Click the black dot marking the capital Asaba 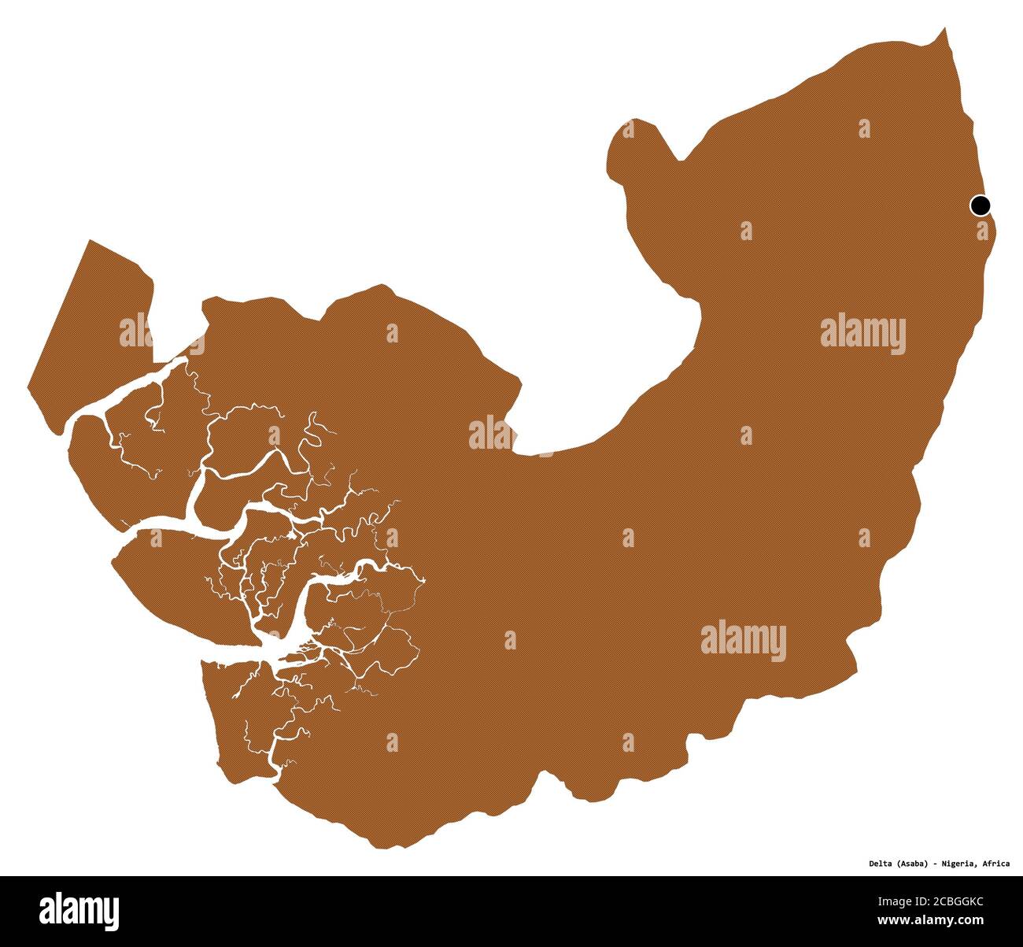coord(980,205)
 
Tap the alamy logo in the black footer coord(79,910)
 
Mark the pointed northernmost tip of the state coord(944,29)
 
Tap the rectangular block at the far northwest coord(87,331)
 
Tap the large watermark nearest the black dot coord(862,335)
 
